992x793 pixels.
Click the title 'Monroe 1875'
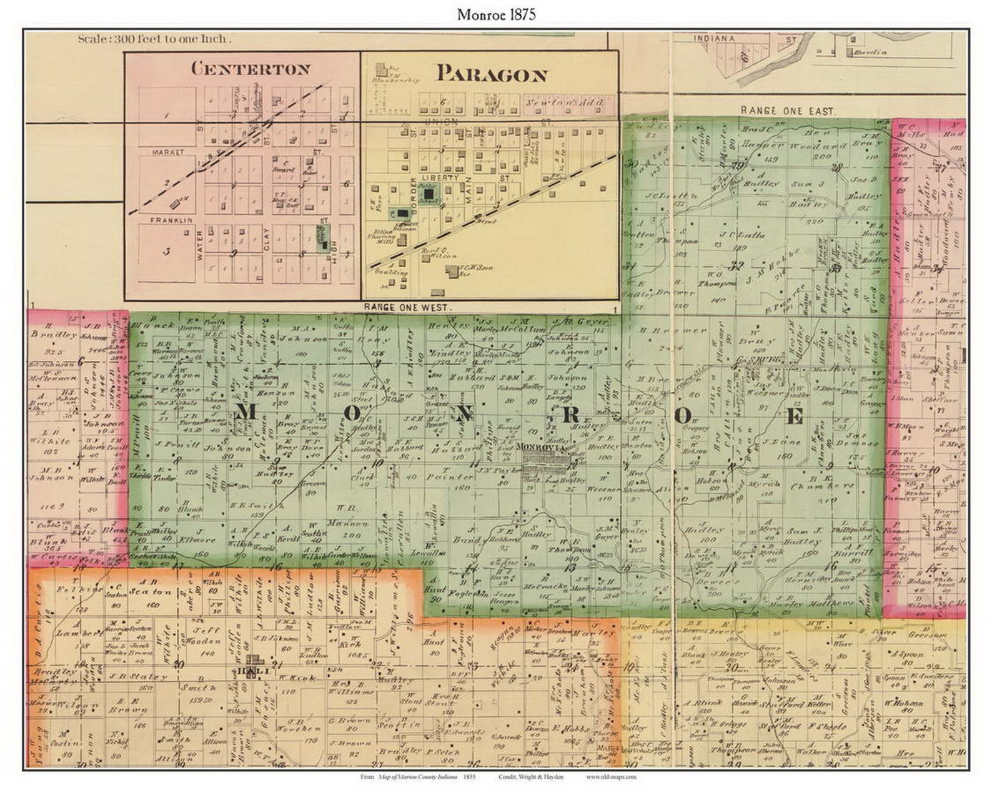tap(495, 16)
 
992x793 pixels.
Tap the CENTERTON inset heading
tap(250, 68)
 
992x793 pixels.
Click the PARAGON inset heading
tap(492, 74)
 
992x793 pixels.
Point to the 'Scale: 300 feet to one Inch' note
tap(154, 39)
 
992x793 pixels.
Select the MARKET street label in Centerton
tap(167, 152)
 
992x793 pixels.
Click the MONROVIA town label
tap(542, 447)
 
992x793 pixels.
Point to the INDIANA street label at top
tap(713, 39)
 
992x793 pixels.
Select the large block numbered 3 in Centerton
tap(166, 252)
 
